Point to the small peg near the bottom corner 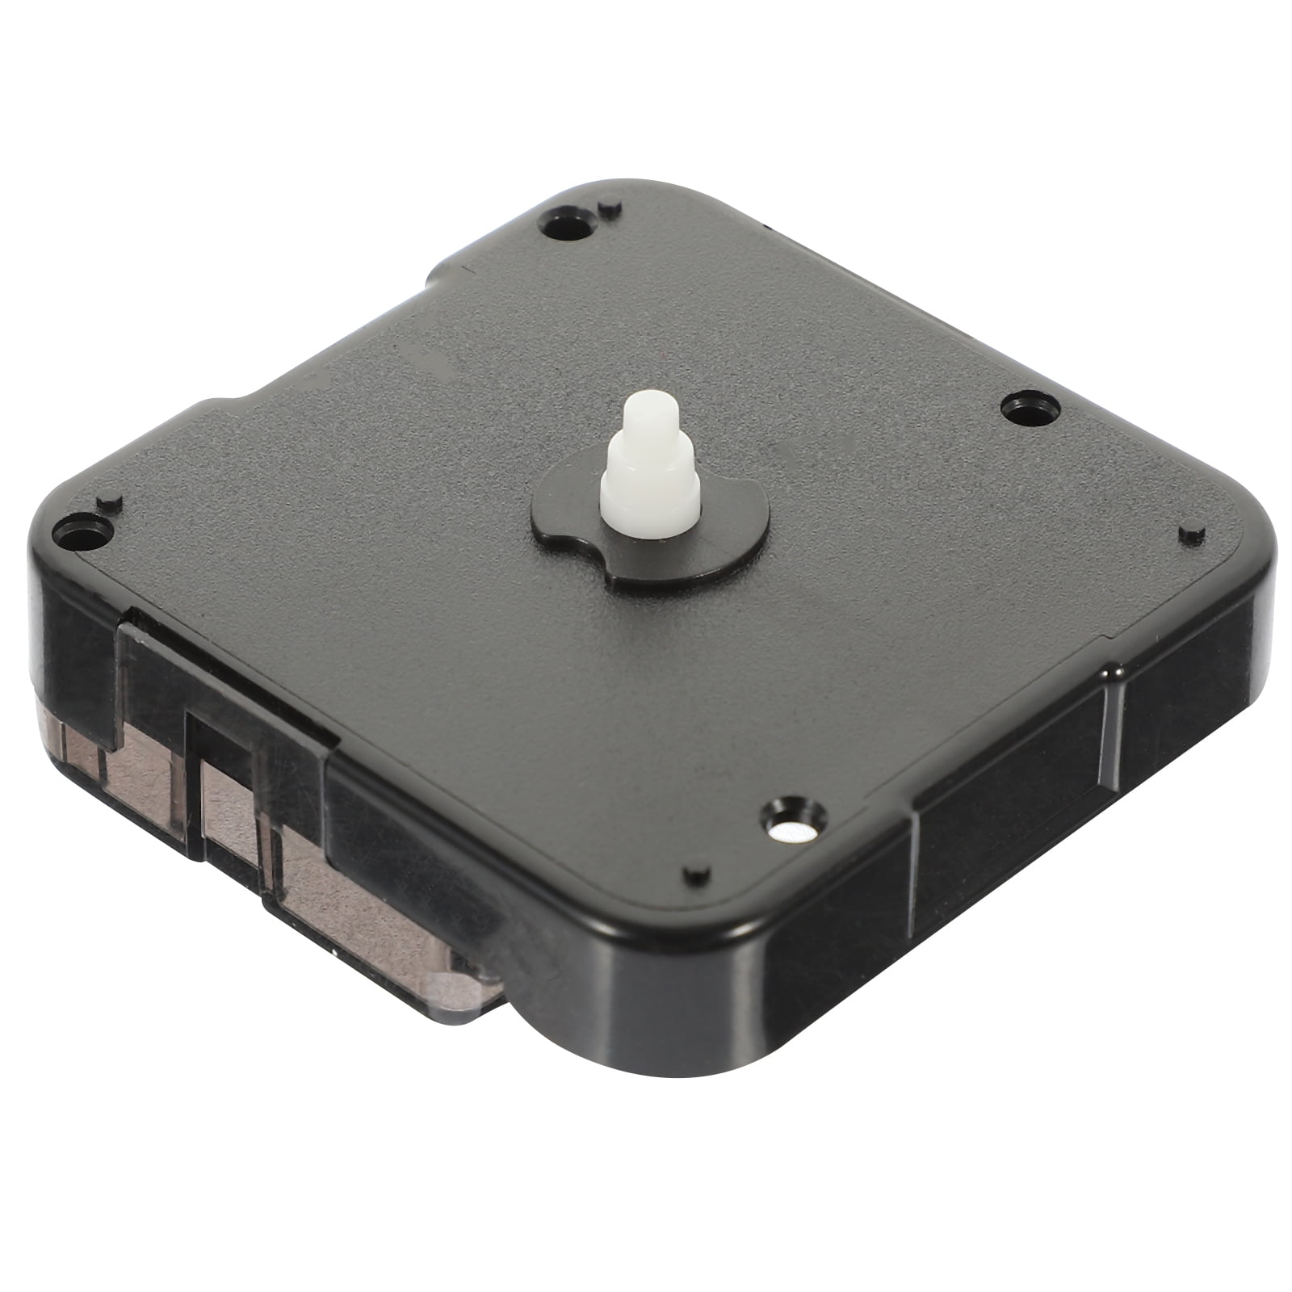tap(695, 874)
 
